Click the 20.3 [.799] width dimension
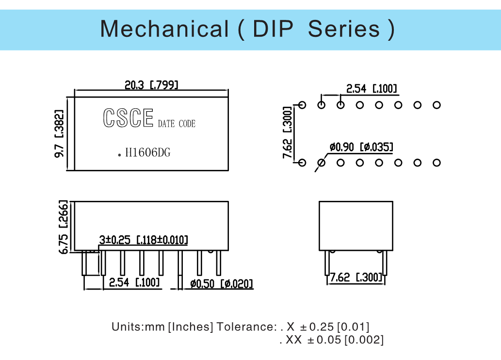[151, 85]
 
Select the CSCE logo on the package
[128, 118]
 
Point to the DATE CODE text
[177, 124]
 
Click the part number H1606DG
[148, 153]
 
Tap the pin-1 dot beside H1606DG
[119, 154]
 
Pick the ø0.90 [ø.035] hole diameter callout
[361, 147]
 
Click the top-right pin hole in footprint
[436, 105]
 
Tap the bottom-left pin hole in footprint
[302, 163]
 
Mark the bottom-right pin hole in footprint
[436, 163]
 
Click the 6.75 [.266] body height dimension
[64, 227]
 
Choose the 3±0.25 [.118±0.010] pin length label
[144, 240]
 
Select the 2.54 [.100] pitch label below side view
[134, 282]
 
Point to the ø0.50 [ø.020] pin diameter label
[222, 284]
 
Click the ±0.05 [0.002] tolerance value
[345, 340]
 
